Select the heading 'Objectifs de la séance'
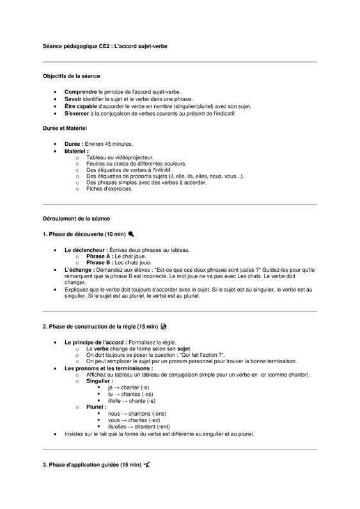[x=71, y=76]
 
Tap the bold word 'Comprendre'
[x=81, y=92]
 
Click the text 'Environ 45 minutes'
[x=109, y=144]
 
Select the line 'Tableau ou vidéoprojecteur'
[x=120, y=157]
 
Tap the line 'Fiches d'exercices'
[x=109, y=189]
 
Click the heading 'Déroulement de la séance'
[x=76, y=219]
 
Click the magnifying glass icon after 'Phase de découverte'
[x=131, y=234]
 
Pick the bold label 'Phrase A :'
[x=100, y=256]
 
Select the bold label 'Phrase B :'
[x=100, y=262]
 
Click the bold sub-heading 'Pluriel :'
[x=97, y=407]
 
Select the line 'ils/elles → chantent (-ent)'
[x=139, y=427]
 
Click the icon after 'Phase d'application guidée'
[x=147, y=464]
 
